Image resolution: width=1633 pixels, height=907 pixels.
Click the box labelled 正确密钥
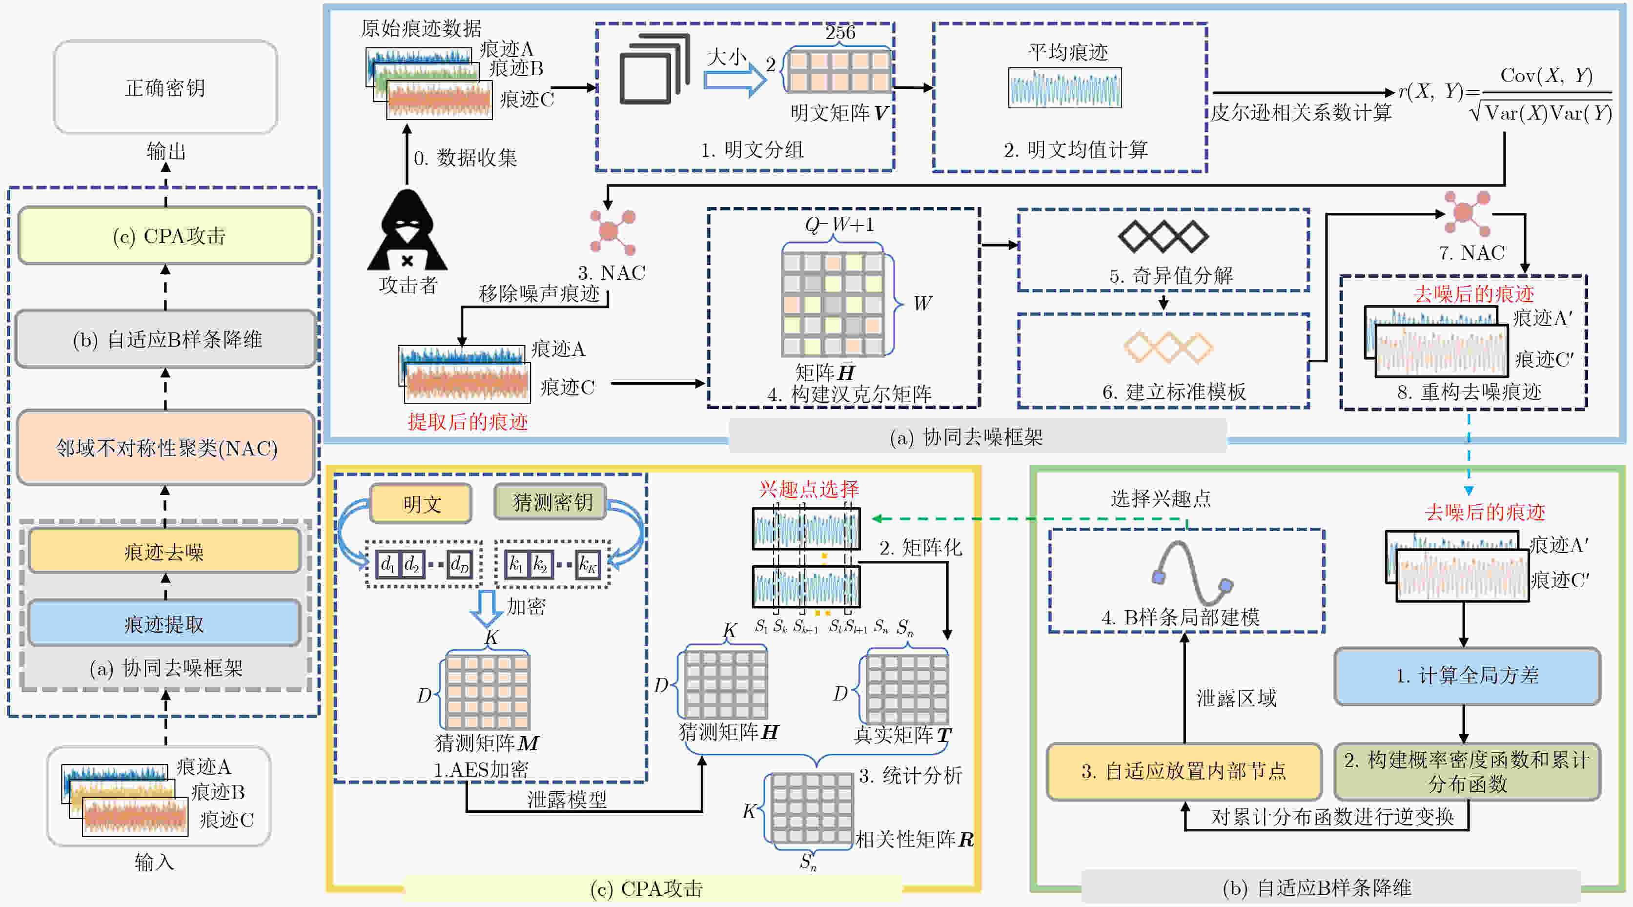pyautogui.click(x=165, y=87)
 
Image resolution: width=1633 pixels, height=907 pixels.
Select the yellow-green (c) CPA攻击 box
pyautogui.click(x=166, y=235)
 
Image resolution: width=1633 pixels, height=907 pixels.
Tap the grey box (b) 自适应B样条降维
pyautogui.click(x=166, y=339)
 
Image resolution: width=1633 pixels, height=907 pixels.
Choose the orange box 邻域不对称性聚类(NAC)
pyautogui.click(x=166, y=448)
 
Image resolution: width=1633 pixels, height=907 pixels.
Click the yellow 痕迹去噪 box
pyautogui.click(x=164, y=552)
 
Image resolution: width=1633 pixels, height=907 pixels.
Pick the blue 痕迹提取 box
pyautogui.click(x=164, y=624)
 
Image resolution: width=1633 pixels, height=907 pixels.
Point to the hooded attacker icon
pyautogui.click(x=407, y=231)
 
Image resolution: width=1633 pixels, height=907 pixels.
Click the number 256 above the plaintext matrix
pyautogui.click(x=840, y=32)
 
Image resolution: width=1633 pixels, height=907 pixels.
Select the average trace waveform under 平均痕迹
pyautogui.click(x=1065, y=88)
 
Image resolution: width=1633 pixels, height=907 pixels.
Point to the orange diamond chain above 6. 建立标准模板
pyautogui.click(x=1168, y=348)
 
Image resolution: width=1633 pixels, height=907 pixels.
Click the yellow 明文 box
pyautogui.click(x=421, y=504)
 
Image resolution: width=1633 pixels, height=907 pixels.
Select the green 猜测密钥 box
pyautogui.click(x=550, y=502)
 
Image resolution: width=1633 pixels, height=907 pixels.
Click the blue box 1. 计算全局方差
pyautogui.click(x=1467, y=676)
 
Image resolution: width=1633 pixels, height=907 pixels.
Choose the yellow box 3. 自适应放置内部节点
pyautogui.click(x=1184, y=771)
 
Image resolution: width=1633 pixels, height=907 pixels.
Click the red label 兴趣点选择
pyautogui.click(x=809, y=489)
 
